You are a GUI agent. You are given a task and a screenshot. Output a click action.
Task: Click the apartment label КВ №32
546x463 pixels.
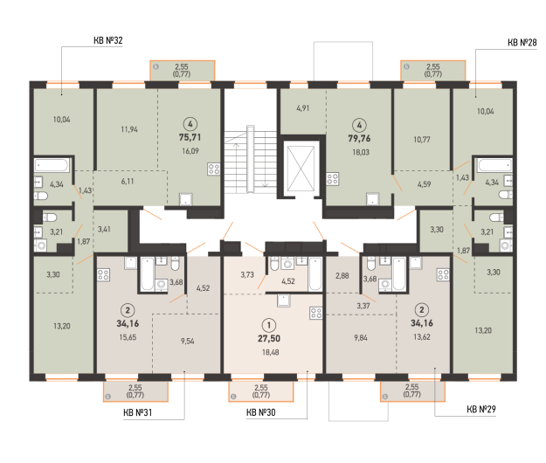(108, 40)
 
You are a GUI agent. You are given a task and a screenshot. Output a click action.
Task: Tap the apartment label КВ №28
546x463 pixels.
(522, 43)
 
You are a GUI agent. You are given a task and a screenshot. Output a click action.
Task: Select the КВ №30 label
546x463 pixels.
(261, 412)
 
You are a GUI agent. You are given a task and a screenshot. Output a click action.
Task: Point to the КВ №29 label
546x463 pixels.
(481, 409)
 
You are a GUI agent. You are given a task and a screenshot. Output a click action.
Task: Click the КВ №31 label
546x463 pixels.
(137, 412)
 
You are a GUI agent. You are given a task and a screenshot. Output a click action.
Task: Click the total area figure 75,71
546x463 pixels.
(190, 137)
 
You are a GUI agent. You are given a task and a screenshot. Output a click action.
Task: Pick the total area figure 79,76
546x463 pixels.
(359, 139)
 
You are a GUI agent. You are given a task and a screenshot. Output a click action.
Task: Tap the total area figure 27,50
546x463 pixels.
(269, 338)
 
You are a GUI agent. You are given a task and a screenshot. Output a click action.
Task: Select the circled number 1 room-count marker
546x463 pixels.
(268, 326)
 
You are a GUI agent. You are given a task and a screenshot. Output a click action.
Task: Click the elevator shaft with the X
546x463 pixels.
(301, 169)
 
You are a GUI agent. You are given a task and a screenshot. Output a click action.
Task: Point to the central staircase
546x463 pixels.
(251, 159)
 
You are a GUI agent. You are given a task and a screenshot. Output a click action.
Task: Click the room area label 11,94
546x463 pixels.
(129, 129)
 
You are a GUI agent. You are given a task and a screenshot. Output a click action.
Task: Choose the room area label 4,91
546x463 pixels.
(302, 108)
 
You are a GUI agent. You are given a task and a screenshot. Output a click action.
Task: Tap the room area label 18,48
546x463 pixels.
(271, 352)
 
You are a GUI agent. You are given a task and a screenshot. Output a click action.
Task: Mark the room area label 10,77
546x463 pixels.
(422, 140)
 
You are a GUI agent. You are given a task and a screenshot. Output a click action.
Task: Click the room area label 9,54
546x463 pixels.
(187, 342)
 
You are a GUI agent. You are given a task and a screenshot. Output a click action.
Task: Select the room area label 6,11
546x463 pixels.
(128, 182)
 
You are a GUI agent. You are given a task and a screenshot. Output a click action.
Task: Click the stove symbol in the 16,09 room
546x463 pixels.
(214, 169)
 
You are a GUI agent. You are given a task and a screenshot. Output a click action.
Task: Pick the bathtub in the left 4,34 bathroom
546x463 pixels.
(52, 165)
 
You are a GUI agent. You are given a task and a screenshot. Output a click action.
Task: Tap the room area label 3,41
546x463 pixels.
(104, 230)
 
